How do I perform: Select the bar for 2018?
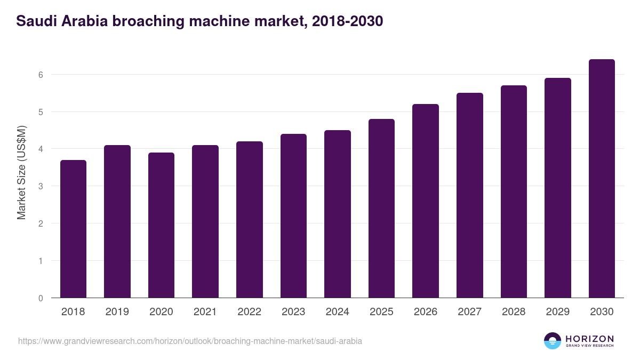[73, 229]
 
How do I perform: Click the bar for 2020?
[161, 225]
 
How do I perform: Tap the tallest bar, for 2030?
[602, 179]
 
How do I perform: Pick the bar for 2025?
[381, 208]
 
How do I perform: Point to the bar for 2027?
[469, 195]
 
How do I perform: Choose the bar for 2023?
[293, 215]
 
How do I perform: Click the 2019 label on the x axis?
[117, 312]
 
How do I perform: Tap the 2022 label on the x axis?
[249, 312]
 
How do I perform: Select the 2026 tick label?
[425, 312]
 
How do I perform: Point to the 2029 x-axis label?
[557, 312]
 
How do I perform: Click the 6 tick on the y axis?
[40, 75]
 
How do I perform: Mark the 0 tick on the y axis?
[40, 298]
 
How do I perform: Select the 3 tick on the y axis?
[40, 186]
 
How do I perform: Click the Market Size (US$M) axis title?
[21, 172]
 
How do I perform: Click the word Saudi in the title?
[33, 21]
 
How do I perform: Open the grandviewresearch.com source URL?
[190, 341]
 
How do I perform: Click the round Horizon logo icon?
[553, 341]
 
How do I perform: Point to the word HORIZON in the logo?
[589, 339]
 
